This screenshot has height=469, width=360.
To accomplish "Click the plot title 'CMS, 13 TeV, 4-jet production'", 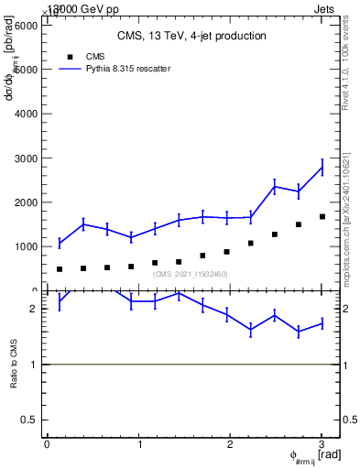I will click(191, 37).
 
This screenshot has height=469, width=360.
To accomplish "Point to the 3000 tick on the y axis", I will click(25, 158).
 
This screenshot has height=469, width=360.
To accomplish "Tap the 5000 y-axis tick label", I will click(25, 70).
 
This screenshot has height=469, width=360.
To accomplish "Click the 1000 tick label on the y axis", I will click(25, 246).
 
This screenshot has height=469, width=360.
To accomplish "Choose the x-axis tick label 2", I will click(230, 444).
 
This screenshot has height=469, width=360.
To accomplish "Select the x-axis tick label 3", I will click(322, 444).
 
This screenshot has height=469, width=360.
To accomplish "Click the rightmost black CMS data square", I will click(322, 217).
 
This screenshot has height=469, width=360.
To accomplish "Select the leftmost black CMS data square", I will click(60, 269).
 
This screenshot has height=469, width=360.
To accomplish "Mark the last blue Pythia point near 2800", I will click(322, 167).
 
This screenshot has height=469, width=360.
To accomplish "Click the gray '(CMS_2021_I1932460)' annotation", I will click(191, 274).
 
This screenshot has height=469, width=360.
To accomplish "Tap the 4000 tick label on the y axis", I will click(25, 114).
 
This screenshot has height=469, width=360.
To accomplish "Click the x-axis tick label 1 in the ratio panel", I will click(139, 444).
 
